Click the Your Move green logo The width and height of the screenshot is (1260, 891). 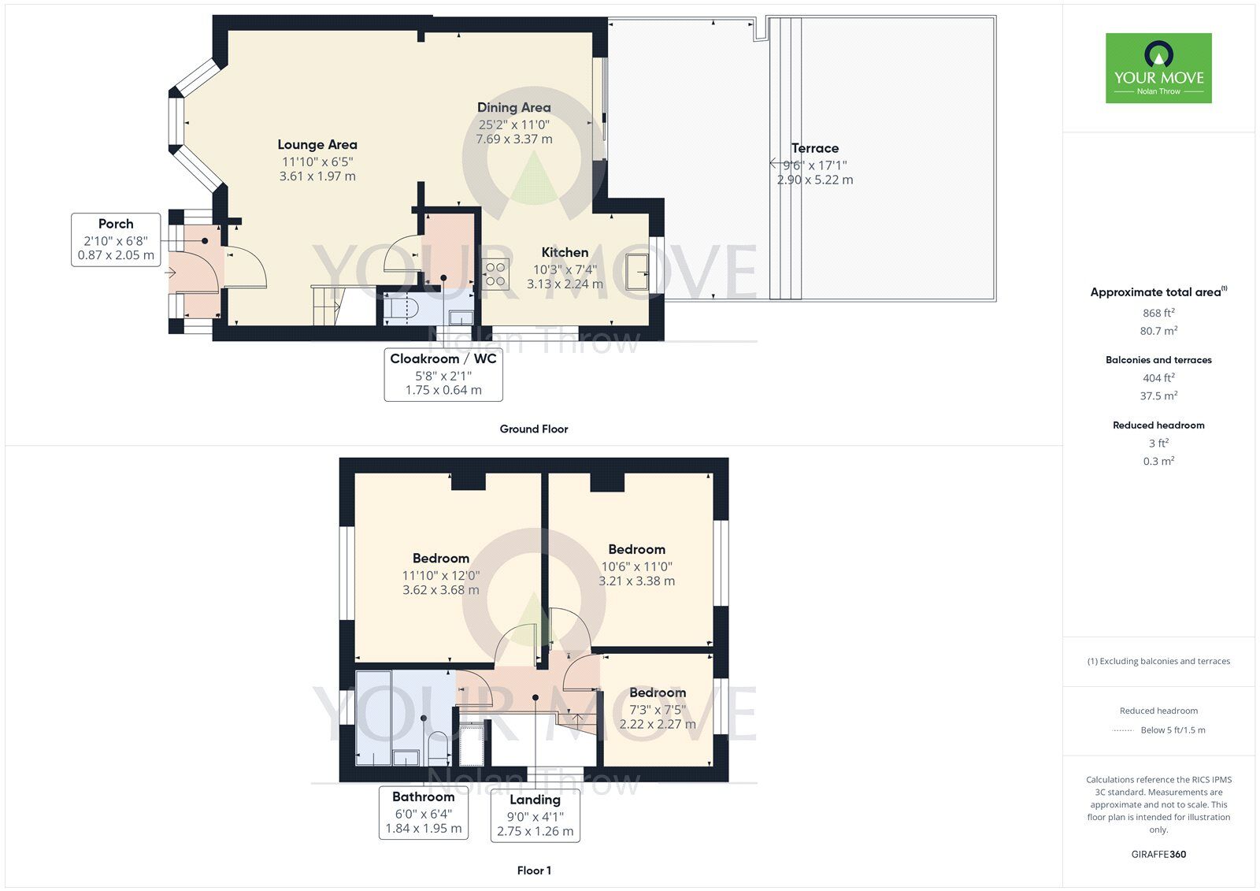[x=1158, y=68]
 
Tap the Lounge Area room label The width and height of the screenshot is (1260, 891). [x=317, y=145]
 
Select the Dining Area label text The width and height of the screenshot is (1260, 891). [x=513, y=108]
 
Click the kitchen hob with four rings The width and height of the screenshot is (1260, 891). [x=495, y=274]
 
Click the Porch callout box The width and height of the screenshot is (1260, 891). [x=116, y=239]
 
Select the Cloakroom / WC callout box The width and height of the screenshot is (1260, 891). [x=443, y=374]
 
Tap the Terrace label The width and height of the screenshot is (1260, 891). [x=815, y=148]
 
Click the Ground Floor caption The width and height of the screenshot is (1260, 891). [x=533, y=429]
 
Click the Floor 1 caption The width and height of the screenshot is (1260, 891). [x=533, y=871]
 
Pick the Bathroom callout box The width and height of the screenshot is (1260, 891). [x=424, y=812]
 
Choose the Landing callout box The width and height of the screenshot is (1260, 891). [x=535, y=815]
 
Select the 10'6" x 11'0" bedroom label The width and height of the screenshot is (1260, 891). [x=636, y=566]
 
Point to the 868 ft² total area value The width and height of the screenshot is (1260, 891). [x=1158, y=313]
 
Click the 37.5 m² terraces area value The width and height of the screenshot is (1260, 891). [x=1158, y=395]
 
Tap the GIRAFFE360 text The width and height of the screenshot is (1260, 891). [x=1158, y=854]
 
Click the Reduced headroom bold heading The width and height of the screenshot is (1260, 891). [x=1158, y=425]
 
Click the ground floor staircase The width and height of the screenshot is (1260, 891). [x=329, y=306]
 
